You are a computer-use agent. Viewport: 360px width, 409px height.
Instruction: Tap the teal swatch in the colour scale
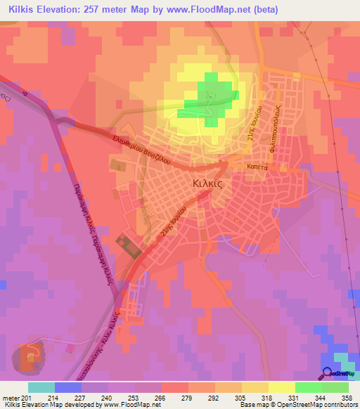[41, 387]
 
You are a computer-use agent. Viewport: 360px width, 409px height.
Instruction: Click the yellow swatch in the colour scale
[282, 387]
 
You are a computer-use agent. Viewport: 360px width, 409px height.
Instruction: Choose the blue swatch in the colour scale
[68, 387]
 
